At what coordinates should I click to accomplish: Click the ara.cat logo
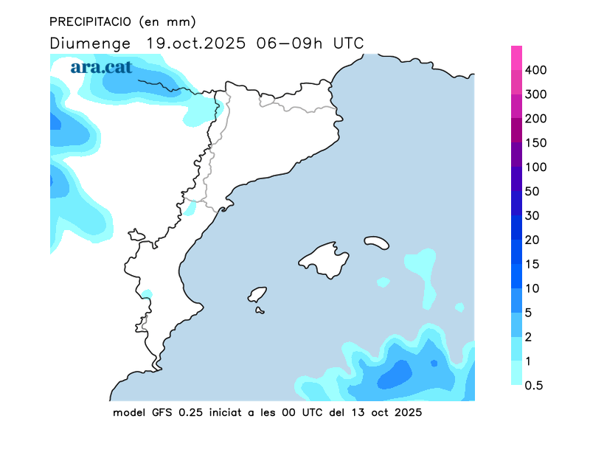point(101,67)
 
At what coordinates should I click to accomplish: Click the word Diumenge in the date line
point(90,43)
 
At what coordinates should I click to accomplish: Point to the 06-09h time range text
point(290,43)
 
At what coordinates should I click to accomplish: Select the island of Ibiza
point(257,294)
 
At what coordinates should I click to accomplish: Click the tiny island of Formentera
point(260,310)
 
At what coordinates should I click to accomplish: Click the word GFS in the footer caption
point(157,412)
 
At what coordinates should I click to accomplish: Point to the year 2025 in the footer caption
point(409,412)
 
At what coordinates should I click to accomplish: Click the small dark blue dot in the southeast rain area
point(434,363)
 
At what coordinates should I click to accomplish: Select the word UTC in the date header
point(348,43)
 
